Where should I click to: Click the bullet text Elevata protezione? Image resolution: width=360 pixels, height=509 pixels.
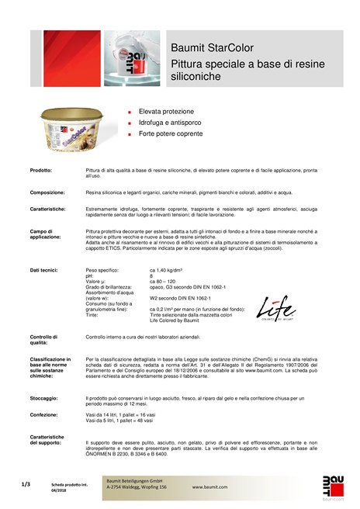pos(167,112)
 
